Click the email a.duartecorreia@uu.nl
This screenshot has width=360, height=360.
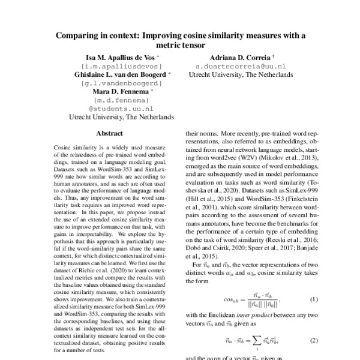(241, 66)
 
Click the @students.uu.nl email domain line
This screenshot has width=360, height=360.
(122, 109)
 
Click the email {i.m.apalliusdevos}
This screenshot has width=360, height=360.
(122, 66)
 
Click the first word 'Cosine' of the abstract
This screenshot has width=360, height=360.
(64, 147)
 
